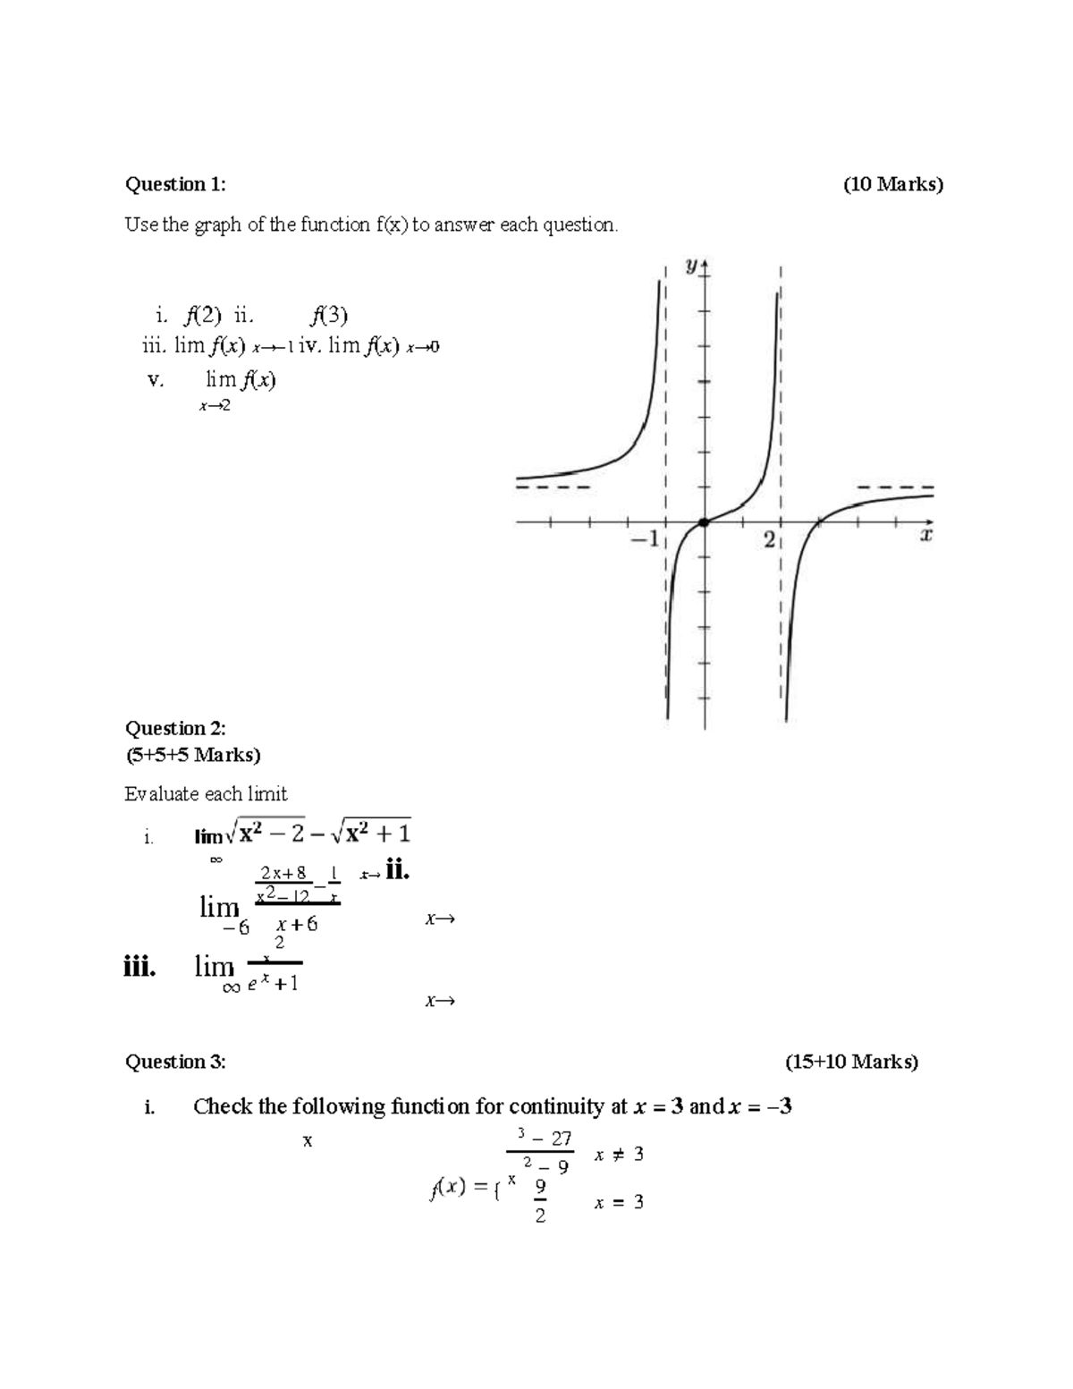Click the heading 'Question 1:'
pyautogui.click(x=175, y=184)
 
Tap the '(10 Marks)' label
pyautogui.click(x=892, y=184)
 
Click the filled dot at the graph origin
pyautogui.click(x=704, y=522)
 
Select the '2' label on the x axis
pyautogui.click(x=769, y=540)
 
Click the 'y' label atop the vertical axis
pyautogui.click(x=691, y=266)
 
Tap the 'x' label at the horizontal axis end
pyautogui.click(x=926, y=536)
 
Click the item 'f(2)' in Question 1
pyautogui.click(x=197, y=315)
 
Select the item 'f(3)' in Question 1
pyautogui.click(x=329, y=315)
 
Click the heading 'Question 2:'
pyautogui.click(x=175, y=728)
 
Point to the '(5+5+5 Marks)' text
pyautogui.click(x=192, y=755)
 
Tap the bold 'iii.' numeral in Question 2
pyautogui.click(x=140, y=967)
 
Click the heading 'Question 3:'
pyautogui.click(x=175, y=1062)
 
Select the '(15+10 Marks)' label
pyautogui.click(x=851, y=1062)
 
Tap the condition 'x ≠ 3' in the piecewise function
pyautogui.click(x=618, y=1155)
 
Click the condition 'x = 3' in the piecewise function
pyautogui.click(x=618, y=1203)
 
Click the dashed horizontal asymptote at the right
pyautogui.click(x=894, y=487)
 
